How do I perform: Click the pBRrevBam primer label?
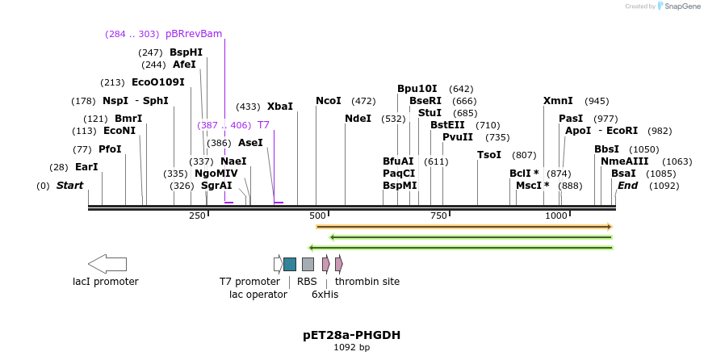coord(193,33)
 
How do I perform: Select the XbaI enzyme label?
coord(279,106)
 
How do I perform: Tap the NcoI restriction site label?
coord(329,100)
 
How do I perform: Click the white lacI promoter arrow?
coord(107,264)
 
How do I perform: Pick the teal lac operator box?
coord(290,264)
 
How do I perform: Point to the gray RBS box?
coord(308,264)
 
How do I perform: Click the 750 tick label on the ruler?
coord(439,216)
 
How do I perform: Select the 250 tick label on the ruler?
coord(198,216)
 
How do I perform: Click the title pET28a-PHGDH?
coord(351,334)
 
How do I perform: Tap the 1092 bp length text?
coord(351,348)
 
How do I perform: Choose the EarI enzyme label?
coord(86,167)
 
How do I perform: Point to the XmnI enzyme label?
coord(558,101)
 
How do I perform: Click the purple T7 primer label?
coord(263,125)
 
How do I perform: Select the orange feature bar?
coord(464,227)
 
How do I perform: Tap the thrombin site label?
coord(367,282)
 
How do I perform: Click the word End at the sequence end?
coord(627,185)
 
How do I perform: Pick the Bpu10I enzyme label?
coord(417,89)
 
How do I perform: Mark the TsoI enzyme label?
coord(489,154)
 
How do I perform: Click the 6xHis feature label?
coord(325,295)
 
